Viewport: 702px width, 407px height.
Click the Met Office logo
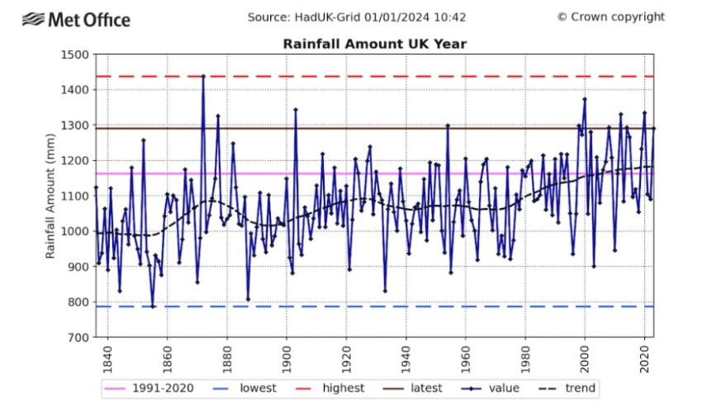click(x=76, y=18)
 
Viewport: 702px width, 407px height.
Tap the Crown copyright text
click(x=610, y=17)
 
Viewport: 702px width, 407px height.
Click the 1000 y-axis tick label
click(x=74, y=232)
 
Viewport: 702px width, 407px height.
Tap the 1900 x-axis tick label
click(x=287, y=357)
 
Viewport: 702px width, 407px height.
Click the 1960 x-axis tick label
click(x=466, y=357)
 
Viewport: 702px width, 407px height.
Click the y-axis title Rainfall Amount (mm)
click(x=51, y=196)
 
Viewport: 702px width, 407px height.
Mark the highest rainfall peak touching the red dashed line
click(x=203, y=76)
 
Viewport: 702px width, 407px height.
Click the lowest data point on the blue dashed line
click(x=153, y=306)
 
